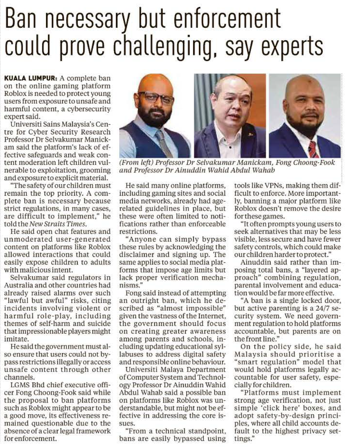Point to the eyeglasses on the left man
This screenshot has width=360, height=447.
coord(155,98)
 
